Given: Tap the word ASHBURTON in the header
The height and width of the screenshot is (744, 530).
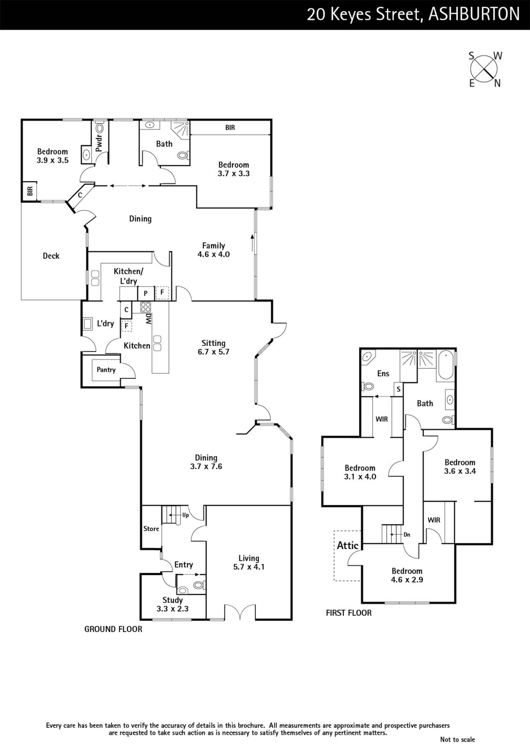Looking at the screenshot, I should pyautogui.click(x=474, y=14).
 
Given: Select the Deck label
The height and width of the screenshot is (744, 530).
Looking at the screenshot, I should pyautogui.click(x=51, y=256).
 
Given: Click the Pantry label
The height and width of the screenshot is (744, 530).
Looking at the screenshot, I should pyautogui.click(x=106, y=370).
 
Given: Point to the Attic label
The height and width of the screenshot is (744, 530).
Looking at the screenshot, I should pyautogui.click(x=347, y=545).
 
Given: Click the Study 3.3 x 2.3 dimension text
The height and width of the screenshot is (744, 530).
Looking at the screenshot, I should pyautogui.click(x=173, y=609).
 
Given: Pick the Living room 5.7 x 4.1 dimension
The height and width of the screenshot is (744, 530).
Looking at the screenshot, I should pyautogui.click(x=249, y=567).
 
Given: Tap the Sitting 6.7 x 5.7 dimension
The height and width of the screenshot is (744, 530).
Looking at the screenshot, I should pyautogui.click(x=213, y=352).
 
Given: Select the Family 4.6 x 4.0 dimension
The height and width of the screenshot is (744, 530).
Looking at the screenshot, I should pyautogui.click(x=214, y=254).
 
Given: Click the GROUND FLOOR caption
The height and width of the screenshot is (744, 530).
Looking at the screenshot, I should pyautogui.click(x=113, y=629).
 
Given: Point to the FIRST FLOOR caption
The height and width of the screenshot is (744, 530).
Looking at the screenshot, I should pyautogui.click(x=348, y=613).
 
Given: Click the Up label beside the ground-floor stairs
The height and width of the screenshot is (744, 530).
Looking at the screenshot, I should pyautogui.click(x=185, y=515).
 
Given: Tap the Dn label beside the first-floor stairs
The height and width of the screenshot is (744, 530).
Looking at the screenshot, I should pyautogui.click(x=407, y=535).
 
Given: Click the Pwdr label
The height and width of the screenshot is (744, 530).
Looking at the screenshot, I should pyautogui.click(x=99, y=142).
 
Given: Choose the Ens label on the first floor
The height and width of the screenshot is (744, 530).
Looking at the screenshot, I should pyautogui.click(x=383, y=373).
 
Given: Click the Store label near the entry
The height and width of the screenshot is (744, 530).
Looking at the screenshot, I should pyautogui.click(x=151, y=529).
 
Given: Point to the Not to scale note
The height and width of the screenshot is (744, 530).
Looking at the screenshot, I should pyautogui.click(x=458, y=739).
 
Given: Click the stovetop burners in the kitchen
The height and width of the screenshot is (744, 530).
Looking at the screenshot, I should pyautogui.click(x=145, y=307).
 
